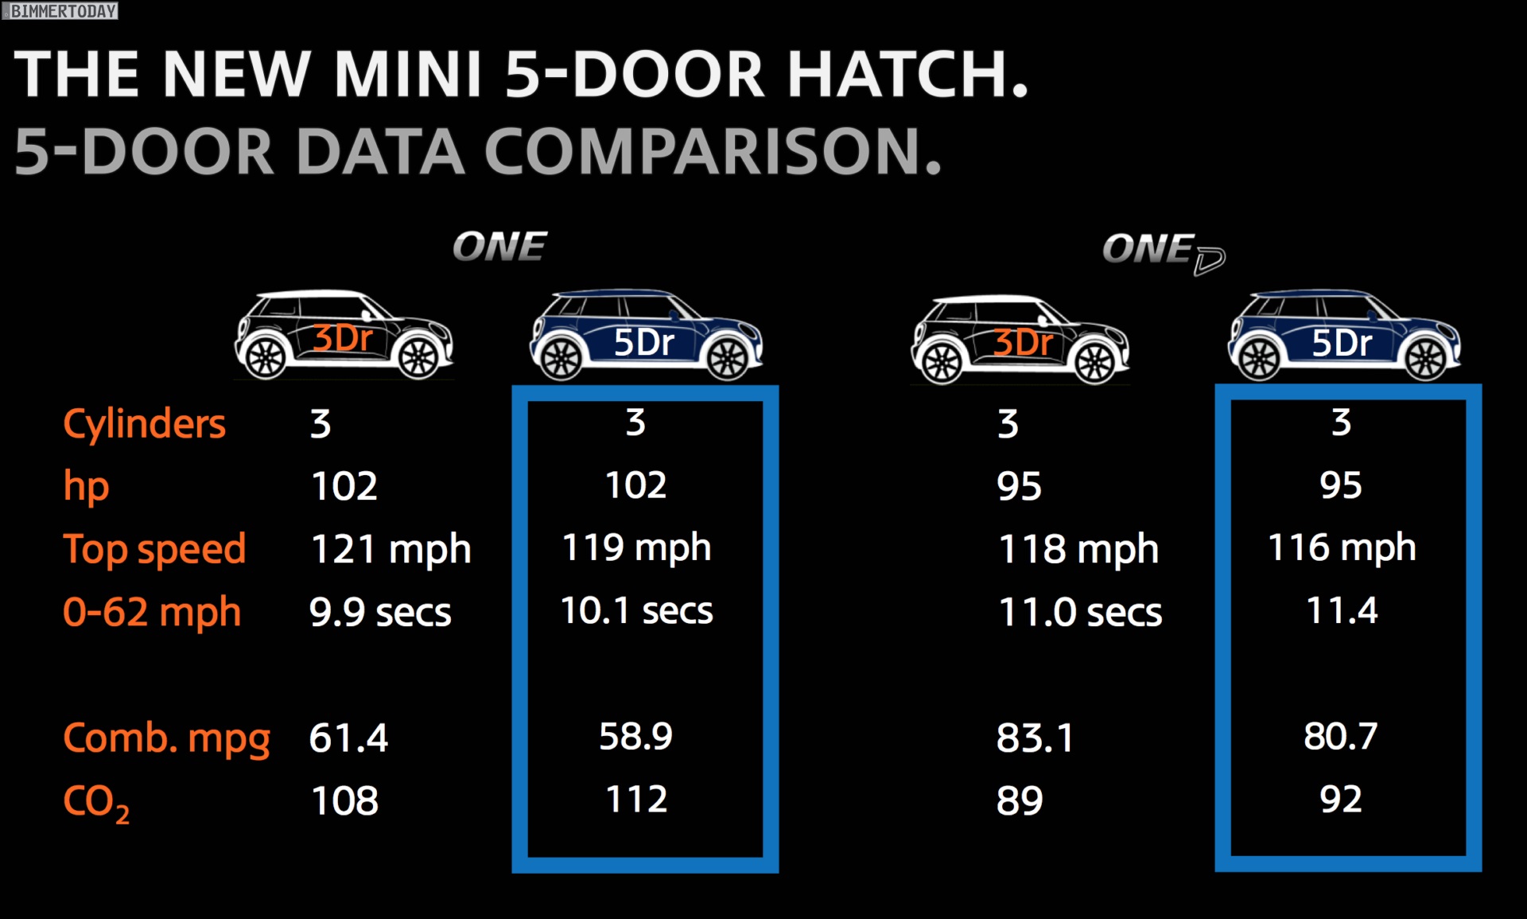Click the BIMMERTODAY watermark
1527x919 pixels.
[x=62, y=11]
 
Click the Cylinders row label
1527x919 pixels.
[x=144, y=424]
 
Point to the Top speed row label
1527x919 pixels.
[x=154, y=549]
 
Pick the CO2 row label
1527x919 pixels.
[x=95, y=802]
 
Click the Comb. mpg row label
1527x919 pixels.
[x=166, y=738]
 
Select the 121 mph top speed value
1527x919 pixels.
[x=390, y=549]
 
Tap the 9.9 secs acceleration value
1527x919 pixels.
[x=380, y=613]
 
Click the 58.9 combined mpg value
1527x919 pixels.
[x=635, y=737]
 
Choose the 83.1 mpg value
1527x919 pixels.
[x=1035, y=738]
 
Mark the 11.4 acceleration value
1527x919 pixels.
[x=1342, y=611]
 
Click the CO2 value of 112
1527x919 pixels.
[x=636, y=800]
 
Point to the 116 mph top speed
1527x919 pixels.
[x=1342, y=548]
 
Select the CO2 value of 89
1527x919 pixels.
[x=1020, y=801]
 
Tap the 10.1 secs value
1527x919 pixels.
[x=636, y=611]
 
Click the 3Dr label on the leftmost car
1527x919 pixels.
[x=343, y=339]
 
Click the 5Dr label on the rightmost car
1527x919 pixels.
[x=1342, y=344]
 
